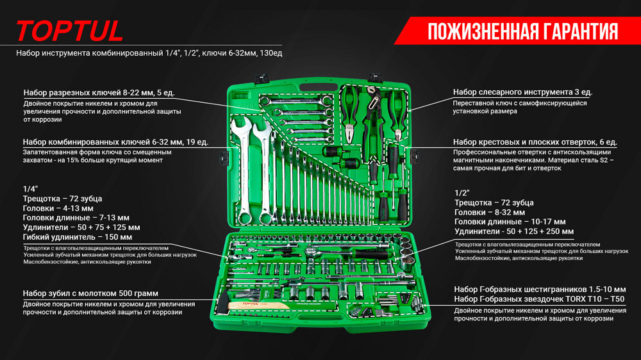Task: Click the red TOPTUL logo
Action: pos(69,31)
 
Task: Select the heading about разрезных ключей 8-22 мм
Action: pos(99,92)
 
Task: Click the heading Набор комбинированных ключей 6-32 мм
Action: pos(115,142)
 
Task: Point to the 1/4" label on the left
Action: pos(30,189)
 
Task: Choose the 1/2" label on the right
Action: pos(462,193)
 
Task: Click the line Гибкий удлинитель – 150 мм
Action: pos(78,237)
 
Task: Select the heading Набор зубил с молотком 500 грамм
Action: pos(90,293)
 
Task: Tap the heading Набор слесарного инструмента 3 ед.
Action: pos(522,92)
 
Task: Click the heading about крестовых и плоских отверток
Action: pos(535,142)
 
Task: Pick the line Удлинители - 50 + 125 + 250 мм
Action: pos(514,231)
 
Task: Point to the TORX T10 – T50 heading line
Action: pos(539,299)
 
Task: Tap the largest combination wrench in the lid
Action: pos(243,170)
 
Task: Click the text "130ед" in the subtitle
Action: pos(271,53)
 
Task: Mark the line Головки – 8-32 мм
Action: pos(490,212)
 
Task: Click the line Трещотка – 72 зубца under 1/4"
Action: pos(63,199)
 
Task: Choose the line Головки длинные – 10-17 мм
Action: pos(510,222)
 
